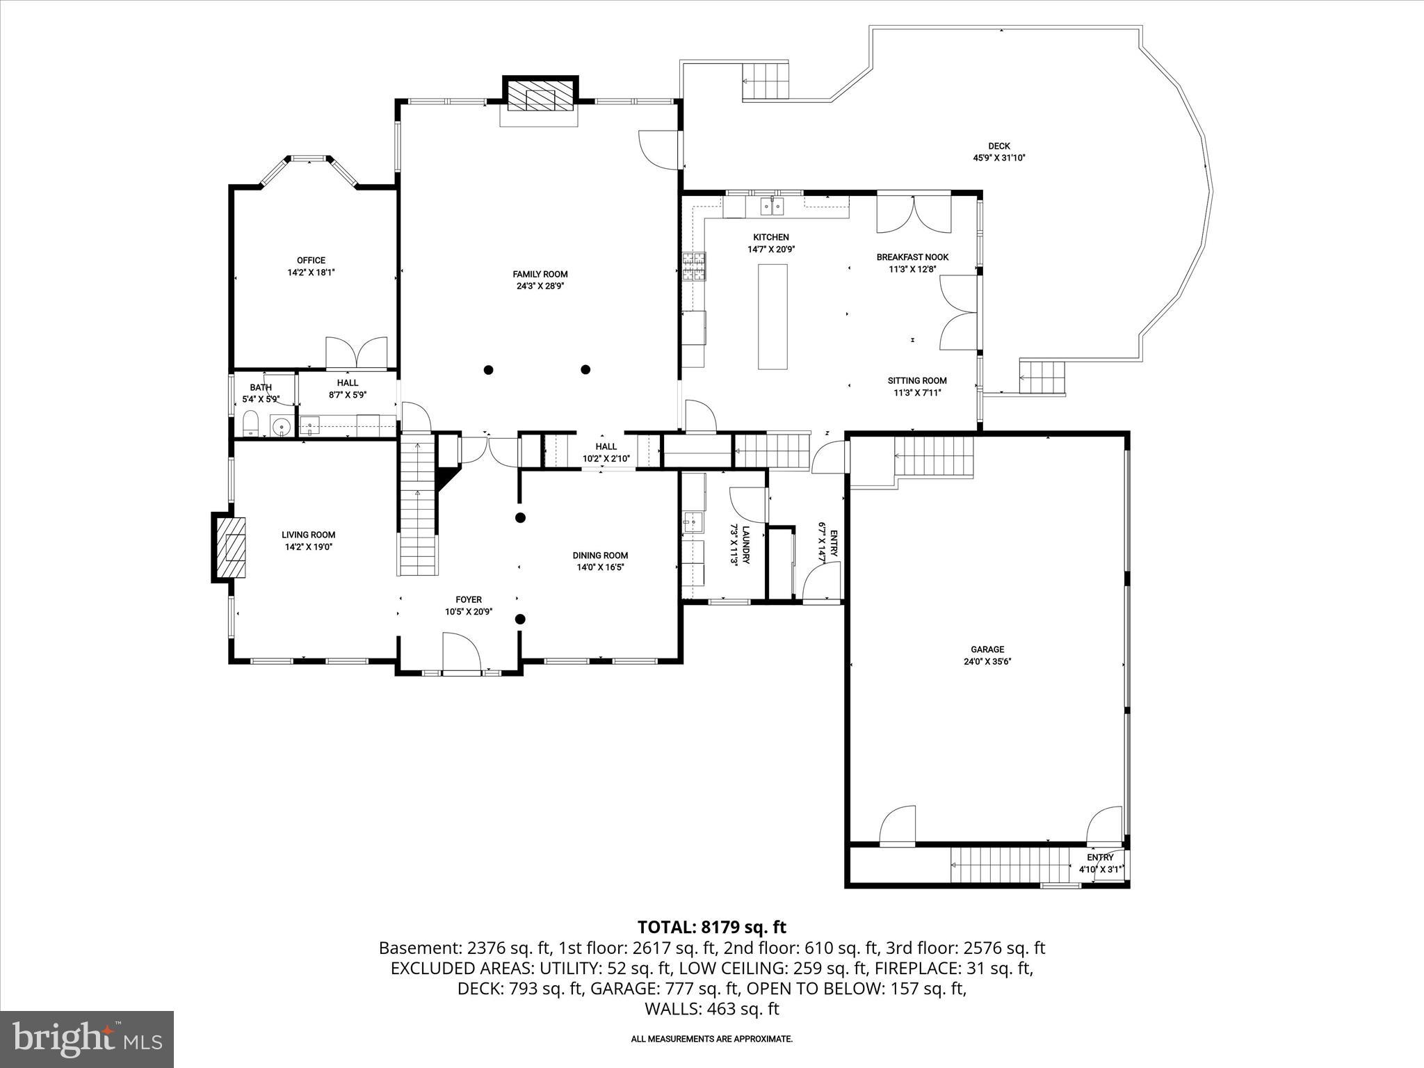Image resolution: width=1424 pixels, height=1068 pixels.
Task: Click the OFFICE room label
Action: [311, 261]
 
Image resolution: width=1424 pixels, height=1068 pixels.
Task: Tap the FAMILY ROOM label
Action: [540, 274]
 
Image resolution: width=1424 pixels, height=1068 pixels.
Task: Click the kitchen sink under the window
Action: [771, 206]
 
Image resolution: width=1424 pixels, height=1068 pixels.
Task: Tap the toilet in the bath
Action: [250, 423]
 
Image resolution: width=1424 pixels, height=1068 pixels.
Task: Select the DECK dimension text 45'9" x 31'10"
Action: [999, 158]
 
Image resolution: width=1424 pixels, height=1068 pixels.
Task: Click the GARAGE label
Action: [987, 649]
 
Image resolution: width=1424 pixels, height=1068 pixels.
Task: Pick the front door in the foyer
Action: [461, 654]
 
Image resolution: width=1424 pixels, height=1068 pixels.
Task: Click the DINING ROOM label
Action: [600, 555]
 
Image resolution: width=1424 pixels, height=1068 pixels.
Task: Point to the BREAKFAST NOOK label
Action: [912, 257]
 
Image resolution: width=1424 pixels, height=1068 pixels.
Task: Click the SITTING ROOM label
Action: [916, 380]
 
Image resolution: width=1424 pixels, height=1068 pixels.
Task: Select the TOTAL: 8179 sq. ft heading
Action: [711, 927]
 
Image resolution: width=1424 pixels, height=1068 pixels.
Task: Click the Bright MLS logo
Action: [87, 1039]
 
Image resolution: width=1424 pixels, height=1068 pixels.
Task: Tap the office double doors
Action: [357, 353]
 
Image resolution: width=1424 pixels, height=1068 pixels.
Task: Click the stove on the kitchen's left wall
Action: [693, 266]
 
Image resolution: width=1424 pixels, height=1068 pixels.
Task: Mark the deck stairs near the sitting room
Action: [1042, 378]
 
